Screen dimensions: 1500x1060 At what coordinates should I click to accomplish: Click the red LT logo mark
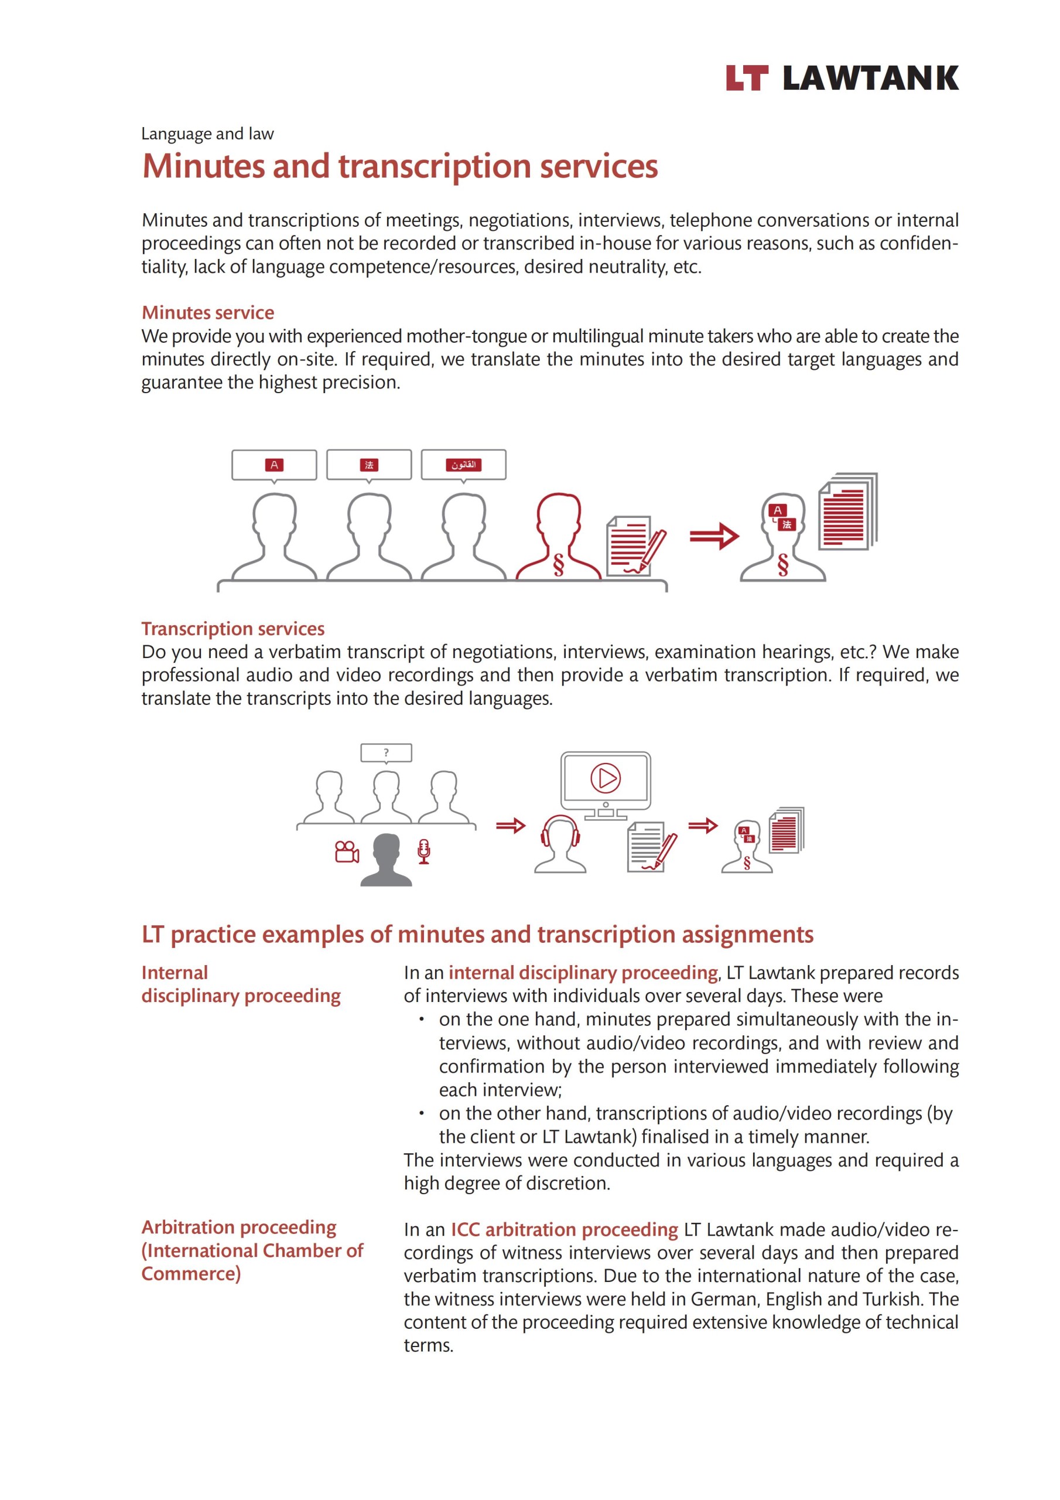coord(747,79)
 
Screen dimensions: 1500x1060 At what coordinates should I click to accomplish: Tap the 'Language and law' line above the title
coord(207,134)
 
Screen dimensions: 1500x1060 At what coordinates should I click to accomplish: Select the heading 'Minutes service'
coord(208,312)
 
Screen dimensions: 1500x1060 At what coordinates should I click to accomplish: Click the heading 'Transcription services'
coord(232,629)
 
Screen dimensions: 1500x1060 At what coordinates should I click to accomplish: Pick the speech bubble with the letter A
coord(273,465)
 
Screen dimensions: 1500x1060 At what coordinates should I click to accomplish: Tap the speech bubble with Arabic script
coord(463,465)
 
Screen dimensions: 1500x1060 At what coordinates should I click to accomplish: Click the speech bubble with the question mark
coord(386,752)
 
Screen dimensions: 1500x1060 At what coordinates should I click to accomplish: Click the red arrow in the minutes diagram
coord(714,536)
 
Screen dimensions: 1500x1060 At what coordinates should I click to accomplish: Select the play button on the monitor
coord(606,778)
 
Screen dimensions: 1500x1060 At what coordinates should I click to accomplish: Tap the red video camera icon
coord(346,851)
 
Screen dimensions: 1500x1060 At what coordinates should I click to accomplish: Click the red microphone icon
coord(424,851)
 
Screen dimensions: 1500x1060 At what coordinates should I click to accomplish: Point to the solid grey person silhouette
coord(386,860)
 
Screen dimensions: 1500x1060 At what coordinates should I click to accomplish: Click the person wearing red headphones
coord(560,844)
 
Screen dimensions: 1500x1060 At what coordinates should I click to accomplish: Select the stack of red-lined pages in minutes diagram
coord(847,512)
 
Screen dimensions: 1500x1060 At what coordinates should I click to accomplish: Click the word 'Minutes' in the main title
coord(203,166)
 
